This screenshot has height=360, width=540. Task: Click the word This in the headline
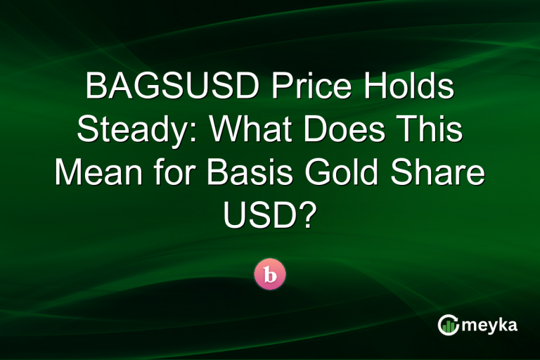[430, 132]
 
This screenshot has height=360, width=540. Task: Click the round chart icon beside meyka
[449, 324]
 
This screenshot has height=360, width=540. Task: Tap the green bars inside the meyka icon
[449, 326]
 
